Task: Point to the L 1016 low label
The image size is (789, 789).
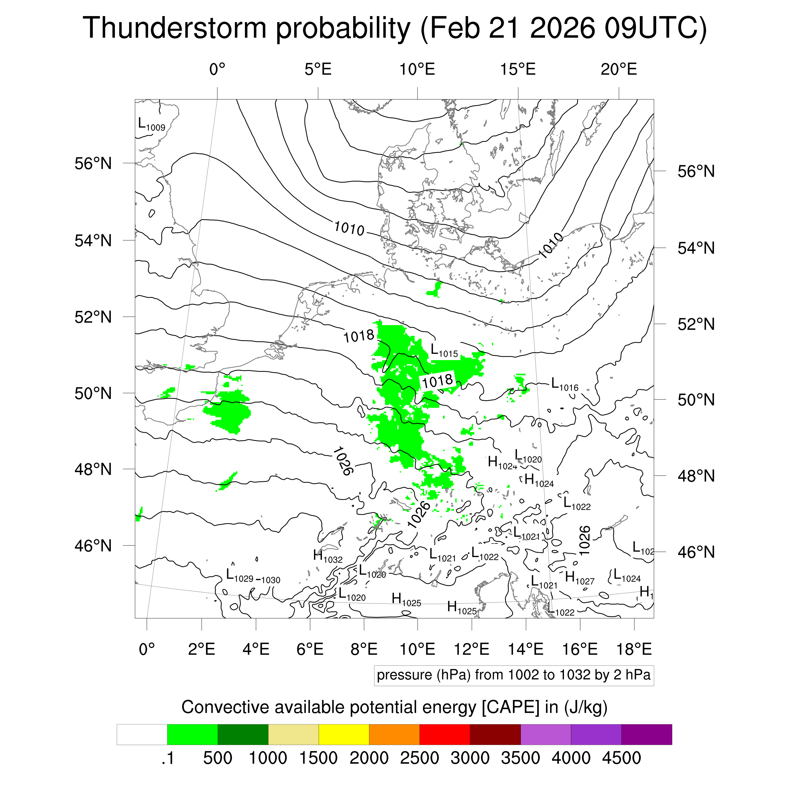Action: point(564,385)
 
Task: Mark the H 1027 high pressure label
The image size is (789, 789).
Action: point(579,578)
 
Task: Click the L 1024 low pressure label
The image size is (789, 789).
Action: point(627,576)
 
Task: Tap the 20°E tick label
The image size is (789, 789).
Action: point(619,70)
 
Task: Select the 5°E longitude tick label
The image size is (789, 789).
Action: point(318,70)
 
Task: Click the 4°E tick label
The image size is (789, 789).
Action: point(256,649)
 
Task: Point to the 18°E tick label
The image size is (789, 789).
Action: point(634,649)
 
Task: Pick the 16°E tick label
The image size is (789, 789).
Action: point(580,649)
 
